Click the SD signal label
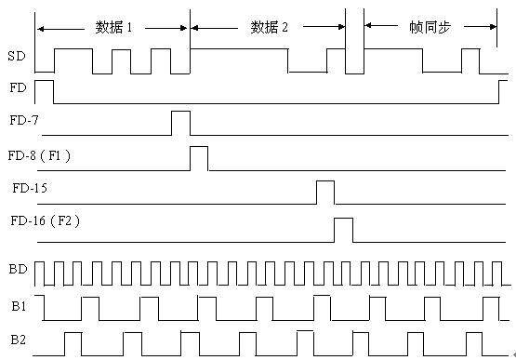[17, 56]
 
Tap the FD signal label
[18, 88]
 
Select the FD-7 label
[24, 120]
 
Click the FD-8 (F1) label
[39, 155]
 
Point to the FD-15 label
[30, 188]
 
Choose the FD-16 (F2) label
[45, 220]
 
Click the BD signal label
[18, 270]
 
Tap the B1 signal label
[19, 306]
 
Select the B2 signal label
[18, 340]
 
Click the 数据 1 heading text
[113, 27]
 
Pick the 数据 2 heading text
[270, 27]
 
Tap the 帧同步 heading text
[430, 27]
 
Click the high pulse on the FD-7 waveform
[180, 112]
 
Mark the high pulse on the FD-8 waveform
[199, 147]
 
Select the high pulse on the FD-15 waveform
[325, 181]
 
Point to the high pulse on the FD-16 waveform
[344, 219]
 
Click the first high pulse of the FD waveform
[44, 80]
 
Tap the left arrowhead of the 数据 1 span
[41, 29]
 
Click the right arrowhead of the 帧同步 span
[493, 27]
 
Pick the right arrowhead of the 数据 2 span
[341, 27]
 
